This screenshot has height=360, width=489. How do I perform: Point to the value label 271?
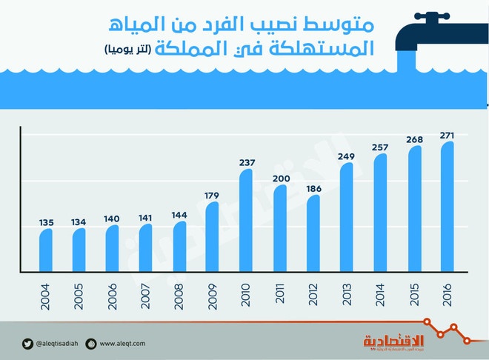pos(446,135)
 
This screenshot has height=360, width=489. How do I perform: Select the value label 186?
pos(313,190)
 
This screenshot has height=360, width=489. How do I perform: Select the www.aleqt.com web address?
pos(123,343)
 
